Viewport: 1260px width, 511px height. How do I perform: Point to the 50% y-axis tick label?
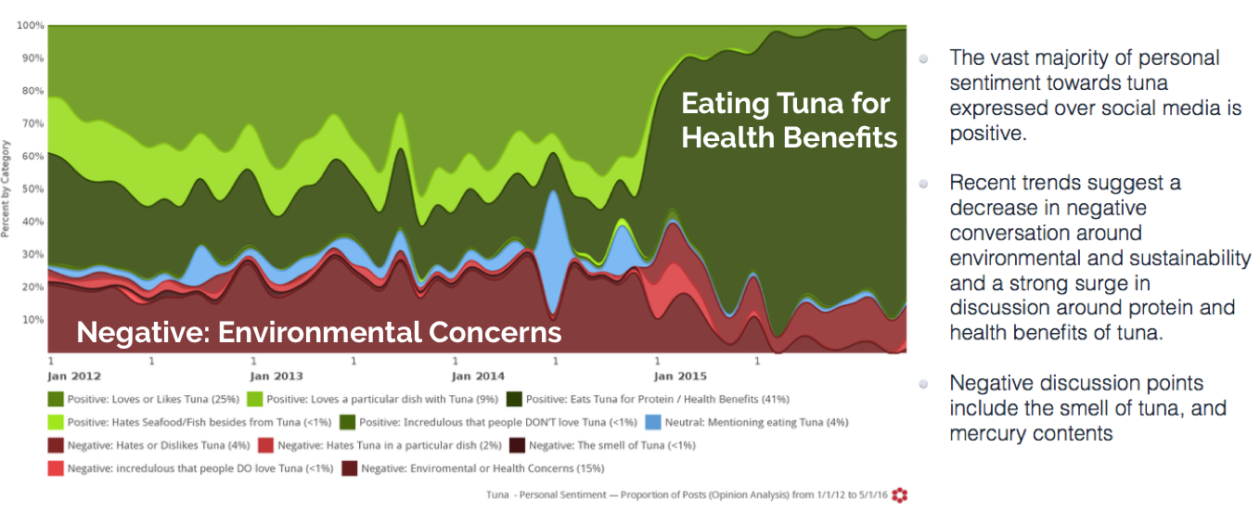point(33,189)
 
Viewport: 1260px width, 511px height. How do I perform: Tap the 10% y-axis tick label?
point(33,320)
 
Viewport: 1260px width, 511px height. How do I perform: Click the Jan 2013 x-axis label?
point(276,377)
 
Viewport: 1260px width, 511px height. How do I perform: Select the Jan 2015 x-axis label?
point(680,377)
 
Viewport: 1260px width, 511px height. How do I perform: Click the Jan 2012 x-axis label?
point(74,377)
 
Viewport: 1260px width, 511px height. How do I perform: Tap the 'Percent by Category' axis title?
point(6,188)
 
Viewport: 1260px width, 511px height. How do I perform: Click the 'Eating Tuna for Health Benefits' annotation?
point(789,120)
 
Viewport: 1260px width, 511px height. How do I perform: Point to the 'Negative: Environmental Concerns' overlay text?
point(318,332)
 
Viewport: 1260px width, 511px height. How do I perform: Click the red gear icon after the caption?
point(899,494)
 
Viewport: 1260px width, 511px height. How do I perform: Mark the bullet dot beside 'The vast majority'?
point(924,58)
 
